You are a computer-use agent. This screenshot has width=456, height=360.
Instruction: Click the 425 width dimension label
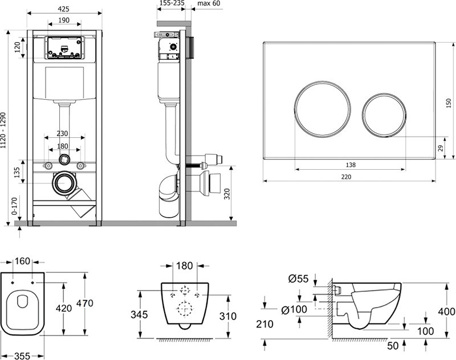coord(63,9)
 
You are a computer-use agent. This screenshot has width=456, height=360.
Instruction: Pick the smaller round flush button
coord(384,114)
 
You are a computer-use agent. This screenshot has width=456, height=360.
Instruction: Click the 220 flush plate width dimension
coord(346,177)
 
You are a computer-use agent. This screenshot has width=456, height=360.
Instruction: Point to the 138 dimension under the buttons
coord(351,165)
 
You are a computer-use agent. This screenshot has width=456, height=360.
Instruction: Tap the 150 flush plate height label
coord(449,103)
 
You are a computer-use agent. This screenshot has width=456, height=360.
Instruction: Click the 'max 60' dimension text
coord(209,3)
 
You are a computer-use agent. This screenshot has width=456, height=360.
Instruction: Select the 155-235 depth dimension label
coord(172,3)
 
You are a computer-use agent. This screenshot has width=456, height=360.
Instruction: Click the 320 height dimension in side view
coord(227,194)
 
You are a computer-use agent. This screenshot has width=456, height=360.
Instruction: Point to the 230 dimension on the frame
coord(62,133)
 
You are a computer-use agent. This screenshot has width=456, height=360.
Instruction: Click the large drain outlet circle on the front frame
coord(64,183)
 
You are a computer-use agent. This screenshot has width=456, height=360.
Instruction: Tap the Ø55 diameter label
coord(298,279)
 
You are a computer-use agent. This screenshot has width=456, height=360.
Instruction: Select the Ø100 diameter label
coord(294,310)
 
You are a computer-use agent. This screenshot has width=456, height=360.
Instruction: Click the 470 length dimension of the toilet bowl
coord(84,304)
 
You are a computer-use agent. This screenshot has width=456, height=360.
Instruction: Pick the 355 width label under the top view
coord(22,356)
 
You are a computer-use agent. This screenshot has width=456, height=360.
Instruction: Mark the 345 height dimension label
coord(139,314)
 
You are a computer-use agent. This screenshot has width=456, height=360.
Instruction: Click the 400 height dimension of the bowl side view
coord(447,312)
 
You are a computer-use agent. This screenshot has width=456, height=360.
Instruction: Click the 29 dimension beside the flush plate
coord(441,148)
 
